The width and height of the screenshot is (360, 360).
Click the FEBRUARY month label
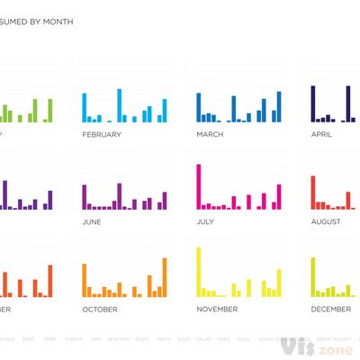pos(102,134)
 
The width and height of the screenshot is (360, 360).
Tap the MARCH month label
pos(210,134)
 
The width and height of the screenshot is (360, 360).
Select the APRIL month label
pos(321,134)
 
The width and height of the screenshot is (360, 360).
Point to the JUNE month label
pos(92,221)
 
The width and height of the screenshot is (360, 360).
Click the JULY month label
pos(205,221)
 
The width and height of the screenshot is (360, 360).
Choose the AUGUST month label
pos(326,221)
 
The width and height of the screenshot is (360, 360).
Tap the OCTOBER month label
pos(99,309)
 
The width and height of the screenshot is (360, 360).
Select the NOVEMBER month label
pos(216,309)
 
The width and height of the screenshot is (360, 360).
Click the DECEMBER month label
pos(330,309)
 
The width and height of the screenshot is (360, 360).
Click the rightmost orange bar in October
pos(165,277)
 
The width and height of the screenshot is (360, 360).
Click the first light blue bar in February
pos(85,107)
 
